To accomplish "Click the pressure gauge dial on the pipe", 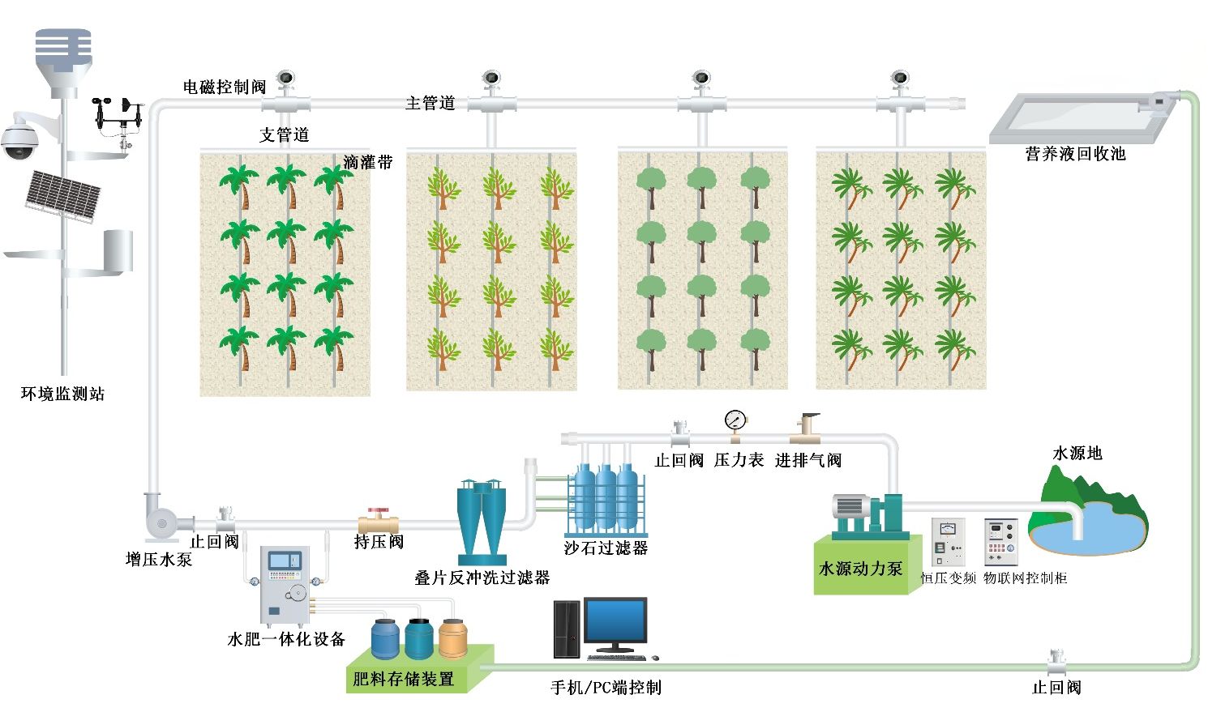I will click(735, 420).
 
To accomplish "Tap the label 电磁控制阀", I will click(225, 87).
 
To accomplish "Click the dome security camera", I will click(19, 140).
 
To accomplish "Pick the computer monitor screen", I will click(615, 621).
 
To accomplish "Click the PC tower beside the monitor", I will click(567, 629).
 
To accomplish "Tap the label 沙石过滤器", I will click(606, 548).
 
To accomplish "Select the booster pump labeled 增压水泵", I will click(163, 516).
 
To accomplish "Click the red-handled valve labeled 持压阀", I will click(378, 518).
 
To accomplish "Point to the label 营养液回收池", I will click(1075, 154).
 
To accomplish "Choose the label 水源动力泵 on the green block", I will click(860, 569).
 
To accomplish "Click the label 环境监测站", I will click(62, 394).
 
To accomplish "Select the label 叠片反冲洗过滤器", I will click(482, 578).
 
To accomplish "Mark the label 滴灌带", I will click(367, 162).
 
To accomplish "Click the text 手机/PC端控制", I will click(606, 688).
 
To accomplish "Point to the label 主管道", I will click(430, 103).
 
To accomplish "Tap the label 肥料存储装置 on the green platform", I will click(403, 679).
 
